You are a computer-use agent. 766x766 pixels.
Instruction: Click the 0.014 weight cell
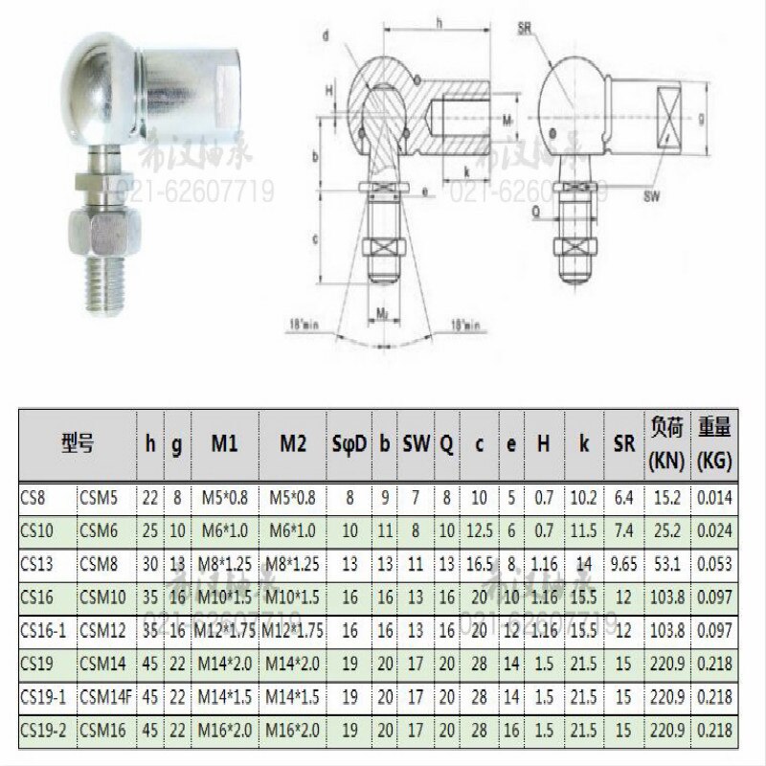point(714,498)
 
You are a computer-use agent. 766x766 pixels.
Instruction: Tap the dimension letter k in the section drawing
point(465,171)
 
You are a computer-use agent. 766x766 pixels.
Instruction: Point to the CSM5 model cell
point(101,498)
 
